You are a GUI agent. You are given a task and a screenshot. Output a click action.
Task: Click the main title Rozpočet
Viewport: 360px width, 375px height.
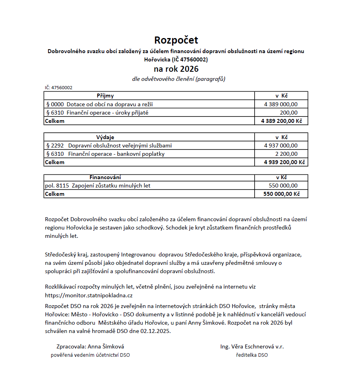(x=176, y=40)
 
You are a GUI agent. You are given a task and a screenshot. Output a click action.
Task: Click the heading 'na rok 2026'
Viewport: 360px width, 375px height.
(x=176, y=69)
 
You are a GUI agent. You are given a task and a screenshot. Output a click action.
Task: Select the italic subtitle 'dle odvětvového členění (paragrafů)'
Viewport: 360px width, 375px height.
(x=178, y=79)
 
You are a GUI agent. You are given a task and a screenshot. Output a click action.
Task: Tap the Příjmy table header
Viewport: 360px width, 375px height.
(x=105, y=96)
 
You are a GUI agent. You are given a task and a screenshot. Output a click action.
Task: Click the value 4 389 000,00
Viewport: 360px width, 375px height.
(x=281, y=104)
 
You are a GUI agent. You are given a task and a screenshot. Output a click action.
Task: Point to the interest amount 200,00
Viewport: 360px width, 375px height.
(x=288, y=113)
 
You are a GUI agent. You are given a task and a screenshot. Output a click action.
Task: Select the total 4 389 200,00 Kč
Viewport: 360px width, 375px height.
(x=281, y=121)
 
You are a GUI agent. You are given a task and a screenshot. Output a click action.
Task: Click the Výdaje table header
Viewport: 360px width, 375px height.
(x=105, y=137)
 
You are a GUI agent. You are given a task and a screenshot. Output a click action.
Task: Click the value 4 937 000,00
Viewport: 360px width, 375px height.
(x=281, y=145)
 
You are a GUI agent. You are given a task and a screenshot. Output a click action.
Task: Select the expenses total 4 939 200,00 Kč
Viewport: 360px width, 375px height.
(x=281, y=162)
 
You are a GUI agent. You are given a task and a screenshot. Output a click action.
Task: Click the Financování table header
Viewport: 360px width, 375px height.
(x=105, y=178)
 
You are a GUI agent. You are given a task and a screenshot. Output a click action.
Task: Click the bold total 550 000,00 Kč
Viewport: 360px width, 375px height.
(x=281, y=194)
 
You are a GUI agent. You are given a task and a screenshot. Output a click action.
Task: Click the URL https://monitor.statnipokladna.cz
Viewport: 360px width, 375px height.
(x=89, y=295)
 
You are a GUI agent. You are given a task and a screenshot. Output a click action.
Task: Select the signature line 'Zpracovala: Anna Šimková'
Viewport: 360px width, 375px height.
(x=90, y=346)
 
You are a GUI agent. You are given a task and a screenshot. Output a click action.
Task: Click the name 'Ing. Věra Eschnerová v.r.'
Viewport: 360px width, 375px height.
(x=252, y=346)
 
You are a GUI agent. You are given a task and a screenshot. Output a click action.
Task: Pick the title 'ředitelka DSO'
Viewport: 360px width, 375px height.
(x=252, y=355)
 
